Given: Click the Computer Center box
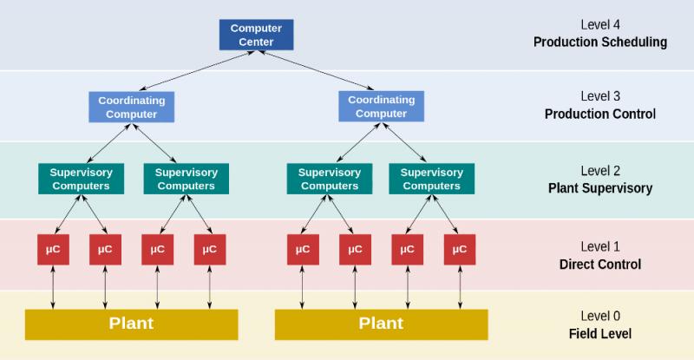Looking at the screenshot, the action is pyautogui.click(x=256, y=35).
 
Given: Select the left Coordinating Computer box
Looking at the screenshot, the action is pyautogui.click(x=132, y=108).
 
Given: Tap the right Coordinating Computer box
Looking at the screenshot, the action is pyautogui.click(x=381, y=107).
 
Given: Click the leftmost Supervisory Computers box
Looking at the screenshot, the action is pyautogui.click(x=81, y=179).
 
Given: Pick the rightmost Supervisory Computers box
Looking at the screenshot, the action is pyautogui.click(x=431, y=179).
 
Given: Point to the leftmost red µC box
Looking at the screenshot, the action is pyautogui.click(x=53, y=250).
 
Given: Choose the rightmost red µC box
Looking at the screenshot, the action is pyautogui.click(x=460, y=250).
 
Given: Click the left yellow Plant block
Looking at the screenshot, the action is pyautogui.click(x=132, y=324).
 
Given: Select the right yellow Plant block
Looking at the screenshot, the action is pyautogui.click(x=381, y=324).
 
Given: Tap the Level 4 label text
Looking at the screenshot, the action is pyautogui.click(x=600, y=25).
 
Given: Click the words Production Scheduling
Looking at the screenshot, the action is pyautogui.click(x=600, y=42).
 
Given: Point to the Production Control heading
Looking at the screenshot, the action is pyautogui.click(x=600, y=114).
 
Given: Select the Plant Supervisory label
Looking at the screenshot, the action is pyautogui.click(x=600, y=188).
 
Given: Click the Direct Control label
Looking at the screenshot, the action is pyautogui.click(x=600, y=265).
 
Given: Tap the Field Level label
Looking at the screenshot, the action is pyautogui.click(x=600, y=333).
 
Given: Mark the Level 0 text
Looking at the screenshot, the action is pyautogui.click(x=600, y=316).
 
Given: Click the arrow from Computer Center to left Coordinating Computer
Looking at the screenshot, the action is pyautogui.click(x=197, y=70).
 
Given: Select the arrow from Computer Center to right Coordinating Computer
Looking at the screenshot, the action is pyautogui.click(x=316, y=70).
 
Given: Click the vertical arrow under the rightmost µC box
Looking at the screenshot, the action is pyautogui.click(x=460, y=287).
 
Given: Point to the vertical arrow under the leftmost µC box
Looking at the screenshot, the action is pyautogui.click(x=53, y=287).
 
